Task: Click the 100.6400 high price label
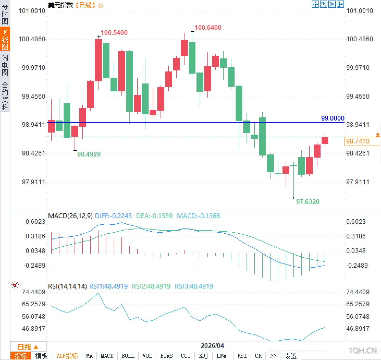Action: pyautogui.click(x=208, y=28)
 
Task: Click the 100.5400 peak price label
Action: pyautogui.click(x=114, y=33)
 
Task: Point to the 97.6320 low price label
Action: pyautogui.click(x=308, y=202)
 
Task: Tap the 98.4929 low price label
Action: pyautogui.click(x=89, y=154)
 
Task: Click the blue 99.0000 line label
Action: pyautogui.click(x=333, y=118)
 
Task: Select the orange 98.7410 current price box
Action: pyautogui.click(x=362, y=141)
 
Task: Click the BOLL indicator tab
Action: pyautogui.click(x=128, y=356)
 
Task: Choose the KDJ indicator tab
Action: pyautogui.click(x=204, y=356)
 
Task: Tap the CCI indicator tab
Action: pyautogui.click(x=186, y=356)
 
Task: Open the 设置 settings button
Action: pyautogui.click(x=290, y=356)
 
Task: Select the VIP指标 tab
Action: pyautogui.click(x=67, y=356)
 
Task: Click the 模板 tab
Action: pyautogui.click(x=41, y=356)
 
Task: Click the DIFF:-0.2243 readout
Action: pyautogui.click(x=113, y=216)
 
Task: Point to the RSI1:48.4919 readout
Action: pyautogui.click(x=108, y=286)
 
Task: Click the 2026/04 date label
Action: pyautogui.click(x=212, y=346)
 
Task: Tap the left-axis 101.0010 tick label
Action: pyautogui.click(x=32, y=11)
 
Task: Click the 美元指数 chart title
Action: pyautogui.click(x=60, y=5)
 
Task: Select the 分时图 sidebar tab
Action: pyautogui.click(x=5, y=14)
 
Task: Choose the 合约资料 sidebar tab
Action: pyautogui.click(x=5, y=96)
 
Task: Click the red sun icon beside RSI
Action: pyautogui.click(x=15, y=285)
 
